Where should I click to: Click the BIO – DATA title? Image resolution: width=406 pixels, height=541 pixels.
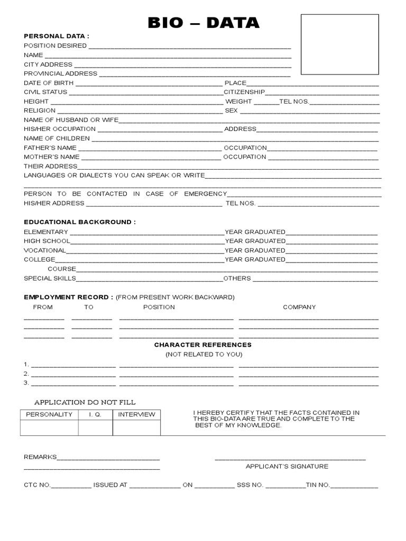point(203,23)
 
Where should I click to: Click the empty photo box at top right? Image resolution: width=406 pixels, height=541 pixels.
point(339,44)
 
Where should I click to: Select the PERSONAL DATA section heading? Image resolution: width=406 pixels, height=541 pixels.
point(57,36)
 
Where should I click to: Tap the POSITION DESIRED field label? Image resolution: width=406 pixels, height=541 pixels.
point(55,46)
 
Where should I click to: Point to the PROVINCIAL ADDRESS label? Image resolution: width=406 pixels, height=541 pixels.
point(60,73)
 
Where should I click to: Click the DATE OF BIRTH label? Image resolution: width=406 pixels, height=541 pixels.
point(49,83)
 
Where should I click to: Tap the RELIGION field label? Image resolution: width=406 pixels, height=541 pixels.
point(40,110)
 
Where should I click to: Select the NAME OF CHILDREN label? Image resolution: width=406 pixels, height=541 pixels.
point(57,138)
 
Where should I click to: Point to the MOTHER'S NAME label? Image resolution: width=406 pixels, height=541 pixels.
point(51,157)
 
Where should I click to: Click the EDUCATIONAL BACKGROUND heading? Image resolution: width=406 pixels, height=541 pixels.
point(79,222)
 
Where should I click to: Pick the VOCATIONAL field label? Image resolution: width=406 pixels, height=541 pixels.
point(45,250)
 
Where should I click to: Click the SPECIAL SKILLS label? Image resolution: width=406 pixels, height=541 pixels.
point(50,278)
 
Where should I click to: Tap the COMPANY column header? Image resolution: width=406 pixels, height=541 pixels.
point(299,307)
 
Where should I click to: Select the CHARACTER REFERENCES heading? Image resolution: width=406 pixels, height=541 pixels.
point(203,345)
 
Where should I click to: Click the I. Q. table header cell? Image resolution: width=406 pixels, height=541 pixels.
point(95,415)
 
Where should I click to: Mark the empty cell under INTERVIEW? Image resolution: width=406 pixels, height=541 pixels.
point(136,427)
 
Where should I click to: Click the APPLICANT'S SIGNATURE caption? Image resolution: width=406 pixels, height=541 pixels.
point(287,467)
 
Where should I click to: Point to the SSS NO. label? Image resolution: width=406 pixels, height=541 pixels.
point(250,485)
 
